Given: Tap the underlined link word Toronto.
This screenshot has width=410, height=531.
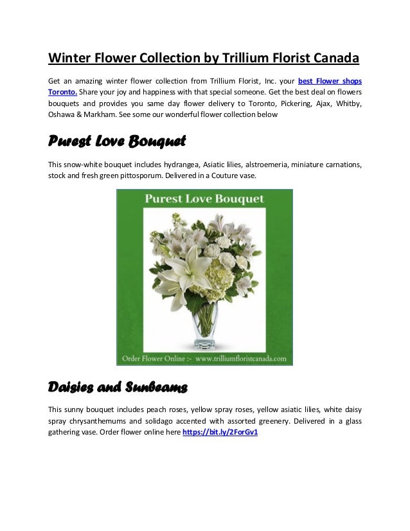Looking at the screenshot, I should point(63,92).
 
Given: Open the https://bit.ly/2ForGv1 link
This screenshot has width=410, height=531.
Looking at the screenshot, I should point(220,433).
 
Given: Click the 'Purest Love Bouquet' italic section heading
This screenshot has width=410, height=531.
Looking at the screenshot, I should point(118,140).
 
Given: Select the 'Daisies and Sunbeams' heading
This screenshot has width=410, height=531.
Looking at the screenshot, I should point(118,387).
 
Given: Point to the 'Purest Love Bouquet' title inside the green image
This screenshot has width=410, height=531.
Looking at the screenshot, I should point(204,199).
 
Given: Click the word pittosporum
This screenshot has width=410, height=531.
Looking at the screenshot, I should point(157,175).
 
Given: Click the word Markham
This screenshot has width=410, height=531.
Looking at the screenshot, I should point(108,114).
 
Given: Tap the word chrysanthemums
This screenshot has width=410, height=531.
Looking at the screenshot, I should point(100,421).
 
